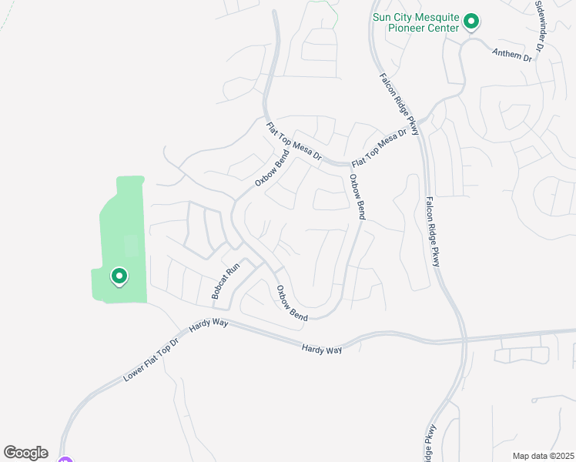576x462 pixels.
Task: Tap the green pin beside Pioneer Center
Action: pos(471,22)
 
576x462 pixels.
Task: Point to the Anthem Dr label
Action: pos(512,52)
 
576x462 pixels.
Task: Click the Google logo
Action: pos(25,453)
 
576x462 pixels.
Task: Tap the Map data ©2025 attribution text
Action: pos(542,456)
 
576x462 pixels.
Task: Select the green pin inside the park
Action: pos(119,276)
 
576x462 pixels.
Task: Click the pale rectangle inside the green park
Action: pos(131,246)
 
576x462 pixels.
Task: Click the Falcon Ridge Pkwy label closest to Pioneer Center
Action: pos(399,105)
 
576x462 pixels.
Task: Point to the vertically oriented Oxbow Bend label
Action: pos(356,197)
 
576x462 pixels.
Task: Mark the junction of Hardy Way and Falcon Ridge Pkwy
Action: pos(464,339)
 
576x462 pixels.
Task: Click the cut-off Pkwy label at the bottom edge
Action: pos(430,442)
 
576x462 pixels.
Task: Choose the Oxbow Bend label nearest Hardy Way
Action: pos(292,303)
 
